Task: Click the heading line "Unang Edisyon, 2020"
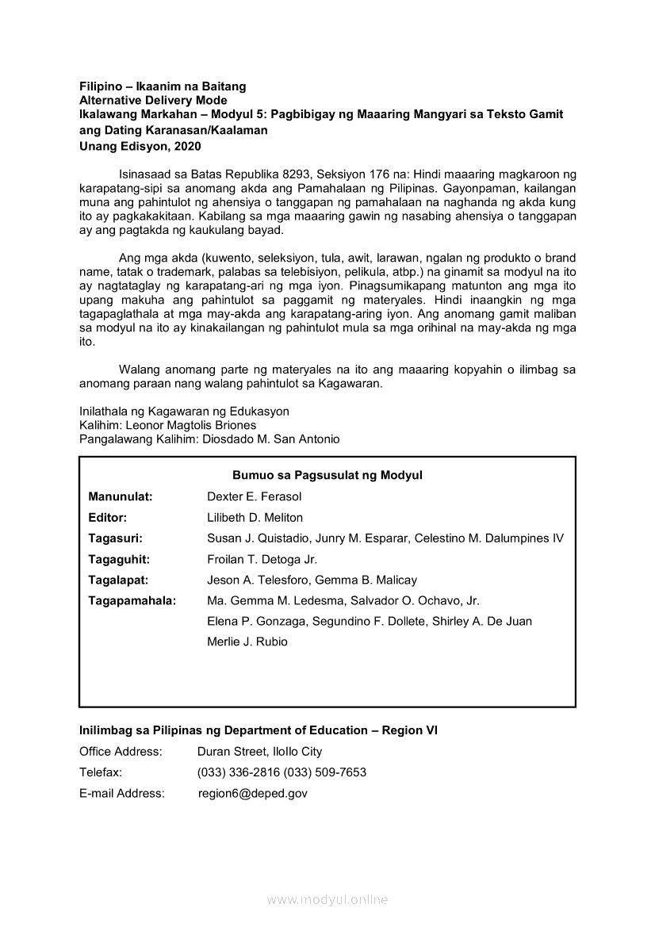tap(140, 146)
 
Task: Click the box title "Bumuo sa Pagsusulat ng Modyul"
tap(327, 475)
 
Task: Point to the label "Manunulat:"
tap(121, 496)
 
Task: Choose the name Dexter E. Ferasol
tap(254, 496)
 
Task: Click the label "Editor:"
tap(108, 517)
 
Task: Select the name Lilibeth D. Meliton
tap(255, 517)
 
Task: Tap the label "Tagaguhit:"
tap(119, 559)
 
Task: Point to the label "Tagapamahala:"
tap(132, 600)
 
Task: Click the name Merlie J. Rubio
tap(247, 642)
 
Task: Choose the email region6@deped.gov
tap(252, 792)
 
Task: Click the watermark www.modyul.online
tap(327, 899)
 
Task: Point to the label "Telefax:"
tap(101, 772)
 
